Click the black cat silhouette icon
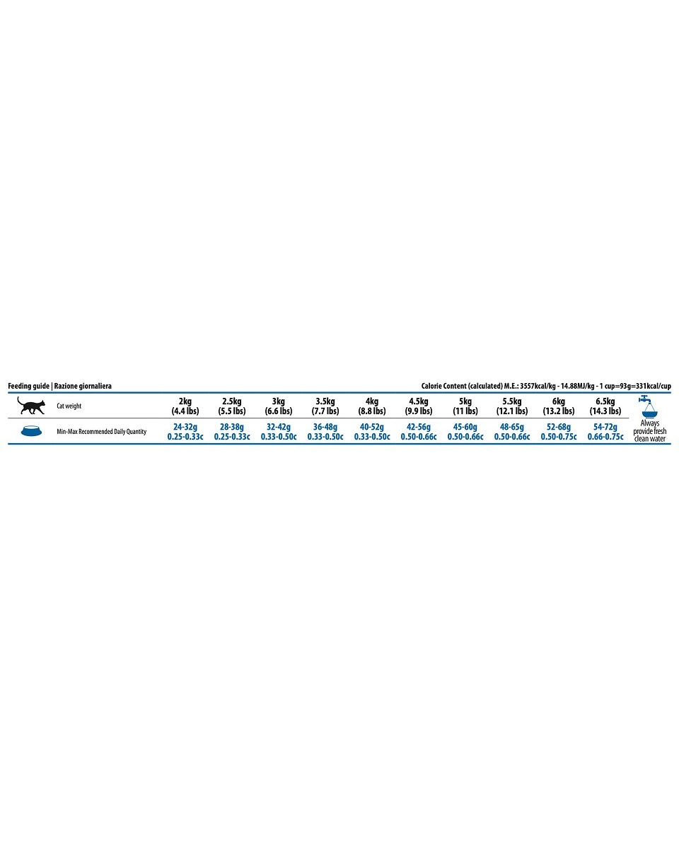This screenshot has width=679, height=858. (31, 406)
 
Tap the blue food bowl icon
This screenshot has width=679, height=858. (30, 431)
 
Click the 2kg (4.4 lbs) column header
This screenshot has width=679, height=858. (185, 406)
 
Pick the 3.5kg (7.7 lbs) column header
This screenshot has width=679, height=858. (325, 406)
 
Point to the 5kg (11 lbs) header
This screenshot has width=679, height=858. (465, 406)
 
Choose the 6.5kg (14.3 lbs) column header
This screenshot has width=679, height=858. (605, 406)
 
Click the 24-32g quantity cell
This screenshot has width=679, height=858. (185, 432)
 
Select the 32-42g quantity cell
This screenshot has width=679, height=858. (279, 432)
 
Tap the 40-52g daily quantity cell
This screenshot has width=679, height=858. (372, 432)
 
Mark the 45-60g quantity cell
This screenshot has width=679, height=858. (465, 432)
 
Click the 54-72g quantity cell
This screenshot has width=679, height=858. (605, 432)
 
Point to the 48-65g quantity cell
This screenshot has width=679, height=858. (512, 432)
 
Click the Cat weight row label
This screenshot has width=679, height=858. (69, 406)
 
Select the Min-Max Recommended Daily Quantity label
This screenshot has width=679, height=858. (101, 431)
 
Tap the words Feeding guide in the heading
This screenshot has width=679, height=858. (28, 386)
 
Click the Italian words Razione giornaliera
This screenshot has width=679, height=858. (83, 386)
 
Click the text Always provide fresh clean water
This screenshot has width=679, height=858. (649, 430)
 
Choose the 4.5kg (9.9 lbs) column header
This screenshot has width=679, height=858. (419, 406)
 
